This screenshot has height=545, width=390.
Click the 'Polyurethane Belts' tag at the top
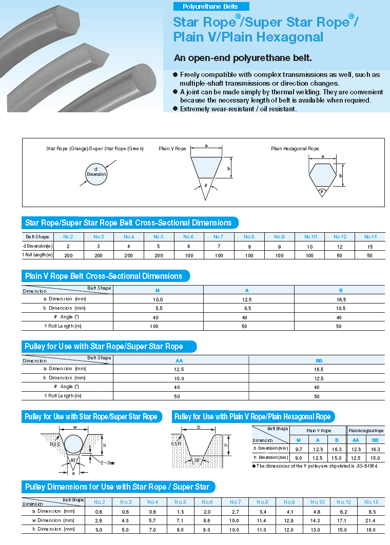[x=210, y=7]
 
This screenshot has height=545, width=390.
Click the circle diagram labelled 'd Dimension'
[x=96, y=172]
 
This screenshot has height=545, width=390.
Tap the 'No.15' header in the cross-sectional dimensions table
[x=371, y=237]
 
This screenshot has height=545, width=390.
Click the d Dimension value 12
[x=340, y=246]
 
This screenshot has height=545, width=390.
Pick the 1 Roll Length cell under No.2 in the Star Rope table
[x=68, y=255]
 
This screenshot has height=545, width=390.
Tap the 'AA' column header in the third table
[x=180, y=360]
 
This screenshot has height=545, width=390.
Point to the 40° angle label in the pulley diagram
[x=73, y=460]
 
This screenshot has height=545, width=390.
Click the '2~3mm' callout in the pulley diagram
[x=108, y=462]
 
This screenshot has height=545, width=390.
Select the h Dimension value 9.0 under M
[x=298, y=457]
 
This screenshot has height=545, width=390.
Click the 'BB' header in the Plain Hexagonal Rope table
[x=375, y=440]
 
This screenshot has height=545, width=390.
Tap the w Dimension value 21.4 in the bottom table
[x=371, y=520]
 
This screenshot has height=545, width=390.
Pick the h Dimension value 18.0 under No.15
[x=371, y=529]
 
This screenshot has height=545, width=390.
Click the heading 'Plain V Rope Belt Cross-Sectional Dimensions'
[x=104, y=276]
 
